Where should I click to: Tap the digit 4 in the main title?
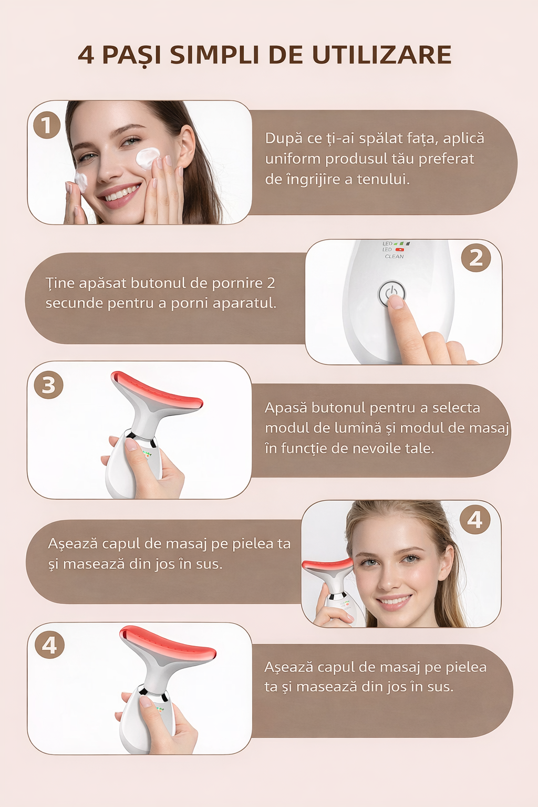pyautogui.click(x=86, y=55)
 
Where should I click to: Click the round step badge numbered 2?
pyautogui.click(x=476, y=258)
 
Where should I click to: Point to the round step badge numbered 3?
pyautogui.click(x=48, y=385)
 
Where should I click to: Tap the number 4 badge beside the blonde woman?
pyautogui.click(x=475, y=520)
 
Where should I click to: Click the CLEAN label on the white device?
pyautogui.click(x=394, y=256)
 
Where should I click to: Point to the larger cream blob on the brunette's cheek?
pyautogui.click(x=147, y=158)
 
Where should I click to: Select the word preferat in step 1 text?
pyautogui.click(x=446, y=159)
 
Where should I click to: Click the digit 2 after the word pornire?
pyautogui.click(x=271, y=283)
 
